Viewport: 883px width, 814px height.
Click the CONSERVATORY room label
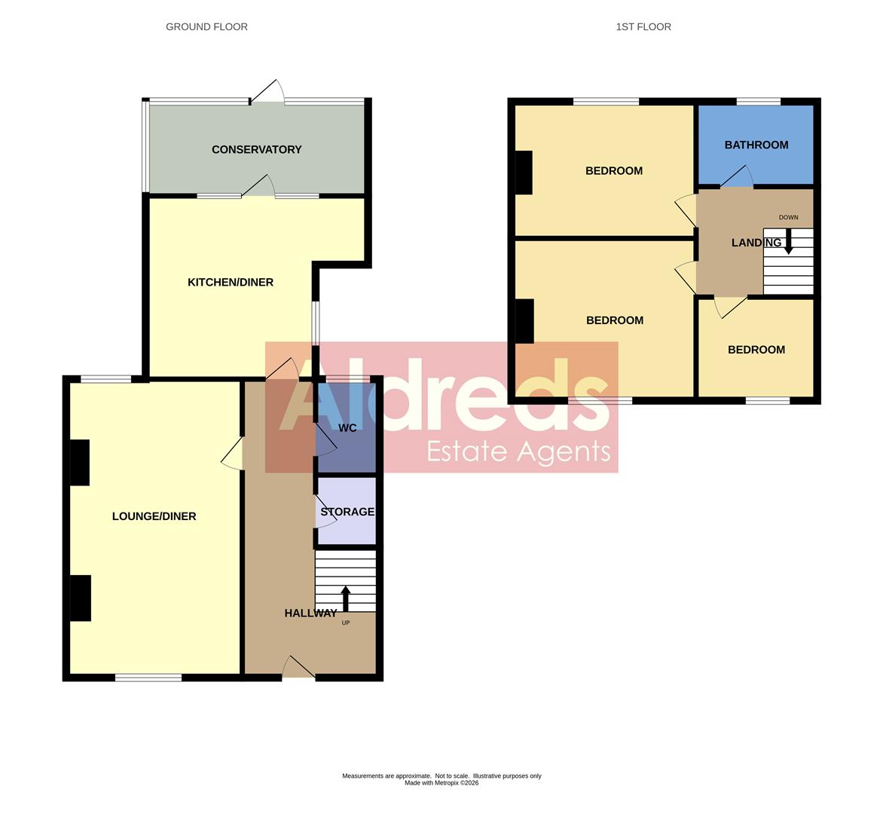[256, 149]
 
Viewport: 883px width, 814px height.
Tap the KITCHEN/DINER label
[231, 282]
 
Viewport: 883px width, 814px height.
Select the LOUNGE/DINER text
[154, 516]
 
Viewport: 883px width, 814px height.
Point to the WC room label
[347, 428]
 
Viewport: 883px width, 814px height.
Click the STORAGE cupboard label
[347, 512]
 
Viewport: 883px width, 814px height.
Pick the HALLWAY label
[310, 614]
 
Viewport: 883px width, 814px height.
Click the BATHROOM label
[756, 145]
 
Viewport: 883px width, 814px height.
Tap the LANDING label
[756, 243]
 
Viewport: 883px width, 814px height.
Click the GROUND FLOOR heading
[206, 26]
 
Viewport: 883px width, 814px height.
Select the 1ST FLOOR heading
[643, 26]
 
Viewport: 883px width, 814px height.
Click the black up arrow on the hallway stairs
[346, 598]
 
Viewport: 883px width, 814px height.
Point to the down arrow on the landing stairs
[789, 241]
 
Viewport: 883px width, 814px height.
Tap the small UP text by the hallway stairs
[346, 623]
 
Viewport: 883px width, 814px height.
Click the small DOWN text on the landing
[788, 218]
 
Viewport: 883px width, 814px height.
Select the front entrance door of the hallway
[298, 668]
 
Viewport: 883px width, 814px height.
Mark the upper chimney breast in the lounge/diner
[80, 462]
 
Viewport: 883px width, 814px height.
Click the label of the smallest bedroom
[756, 350]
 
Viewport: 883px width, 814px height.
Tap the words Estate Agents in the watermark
[518, 451]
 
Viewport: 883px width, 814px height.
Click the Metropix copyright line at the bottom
[442, 783]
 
